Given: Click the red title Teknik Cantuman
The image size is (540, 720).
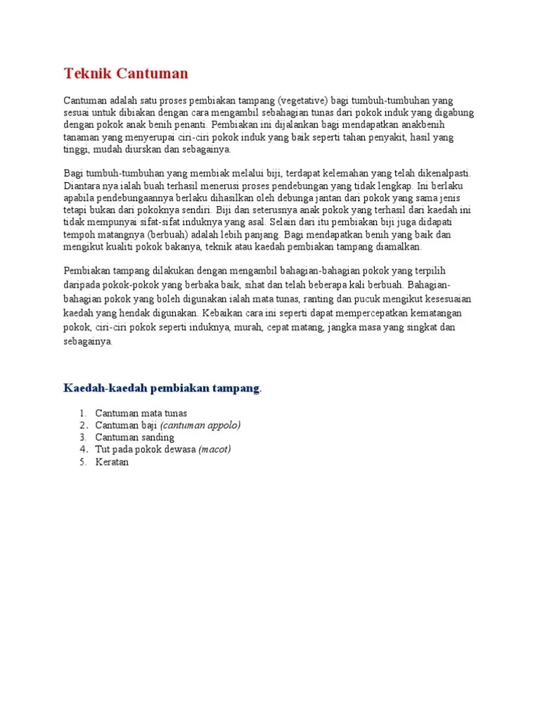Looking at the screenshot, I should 126,74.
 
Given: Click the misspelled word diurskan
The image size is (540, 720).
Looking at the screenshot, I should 154,149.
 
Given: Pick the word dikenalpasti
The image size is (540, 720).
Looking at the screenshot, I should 441,173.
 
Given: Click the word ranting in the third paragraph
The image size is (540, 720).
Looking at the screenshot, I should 323,300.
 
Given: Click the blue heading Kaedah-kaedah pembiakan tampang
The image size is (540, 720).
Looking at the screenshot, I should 162,389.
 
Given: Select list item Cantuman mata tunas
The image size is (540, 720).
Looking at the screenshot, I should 141,413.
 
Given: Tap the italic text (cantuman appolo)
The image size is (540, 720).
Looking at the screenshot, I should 200,425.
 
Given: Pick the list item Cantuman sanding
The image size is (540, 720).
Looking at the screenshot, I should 134,437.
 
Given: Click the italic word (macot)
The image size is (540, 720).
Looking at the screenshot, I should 214,449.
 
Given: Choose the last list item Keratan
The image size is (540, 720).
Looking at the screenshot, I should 112,462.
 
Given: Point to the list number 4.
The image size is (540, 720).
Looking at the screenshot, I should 83,449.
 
